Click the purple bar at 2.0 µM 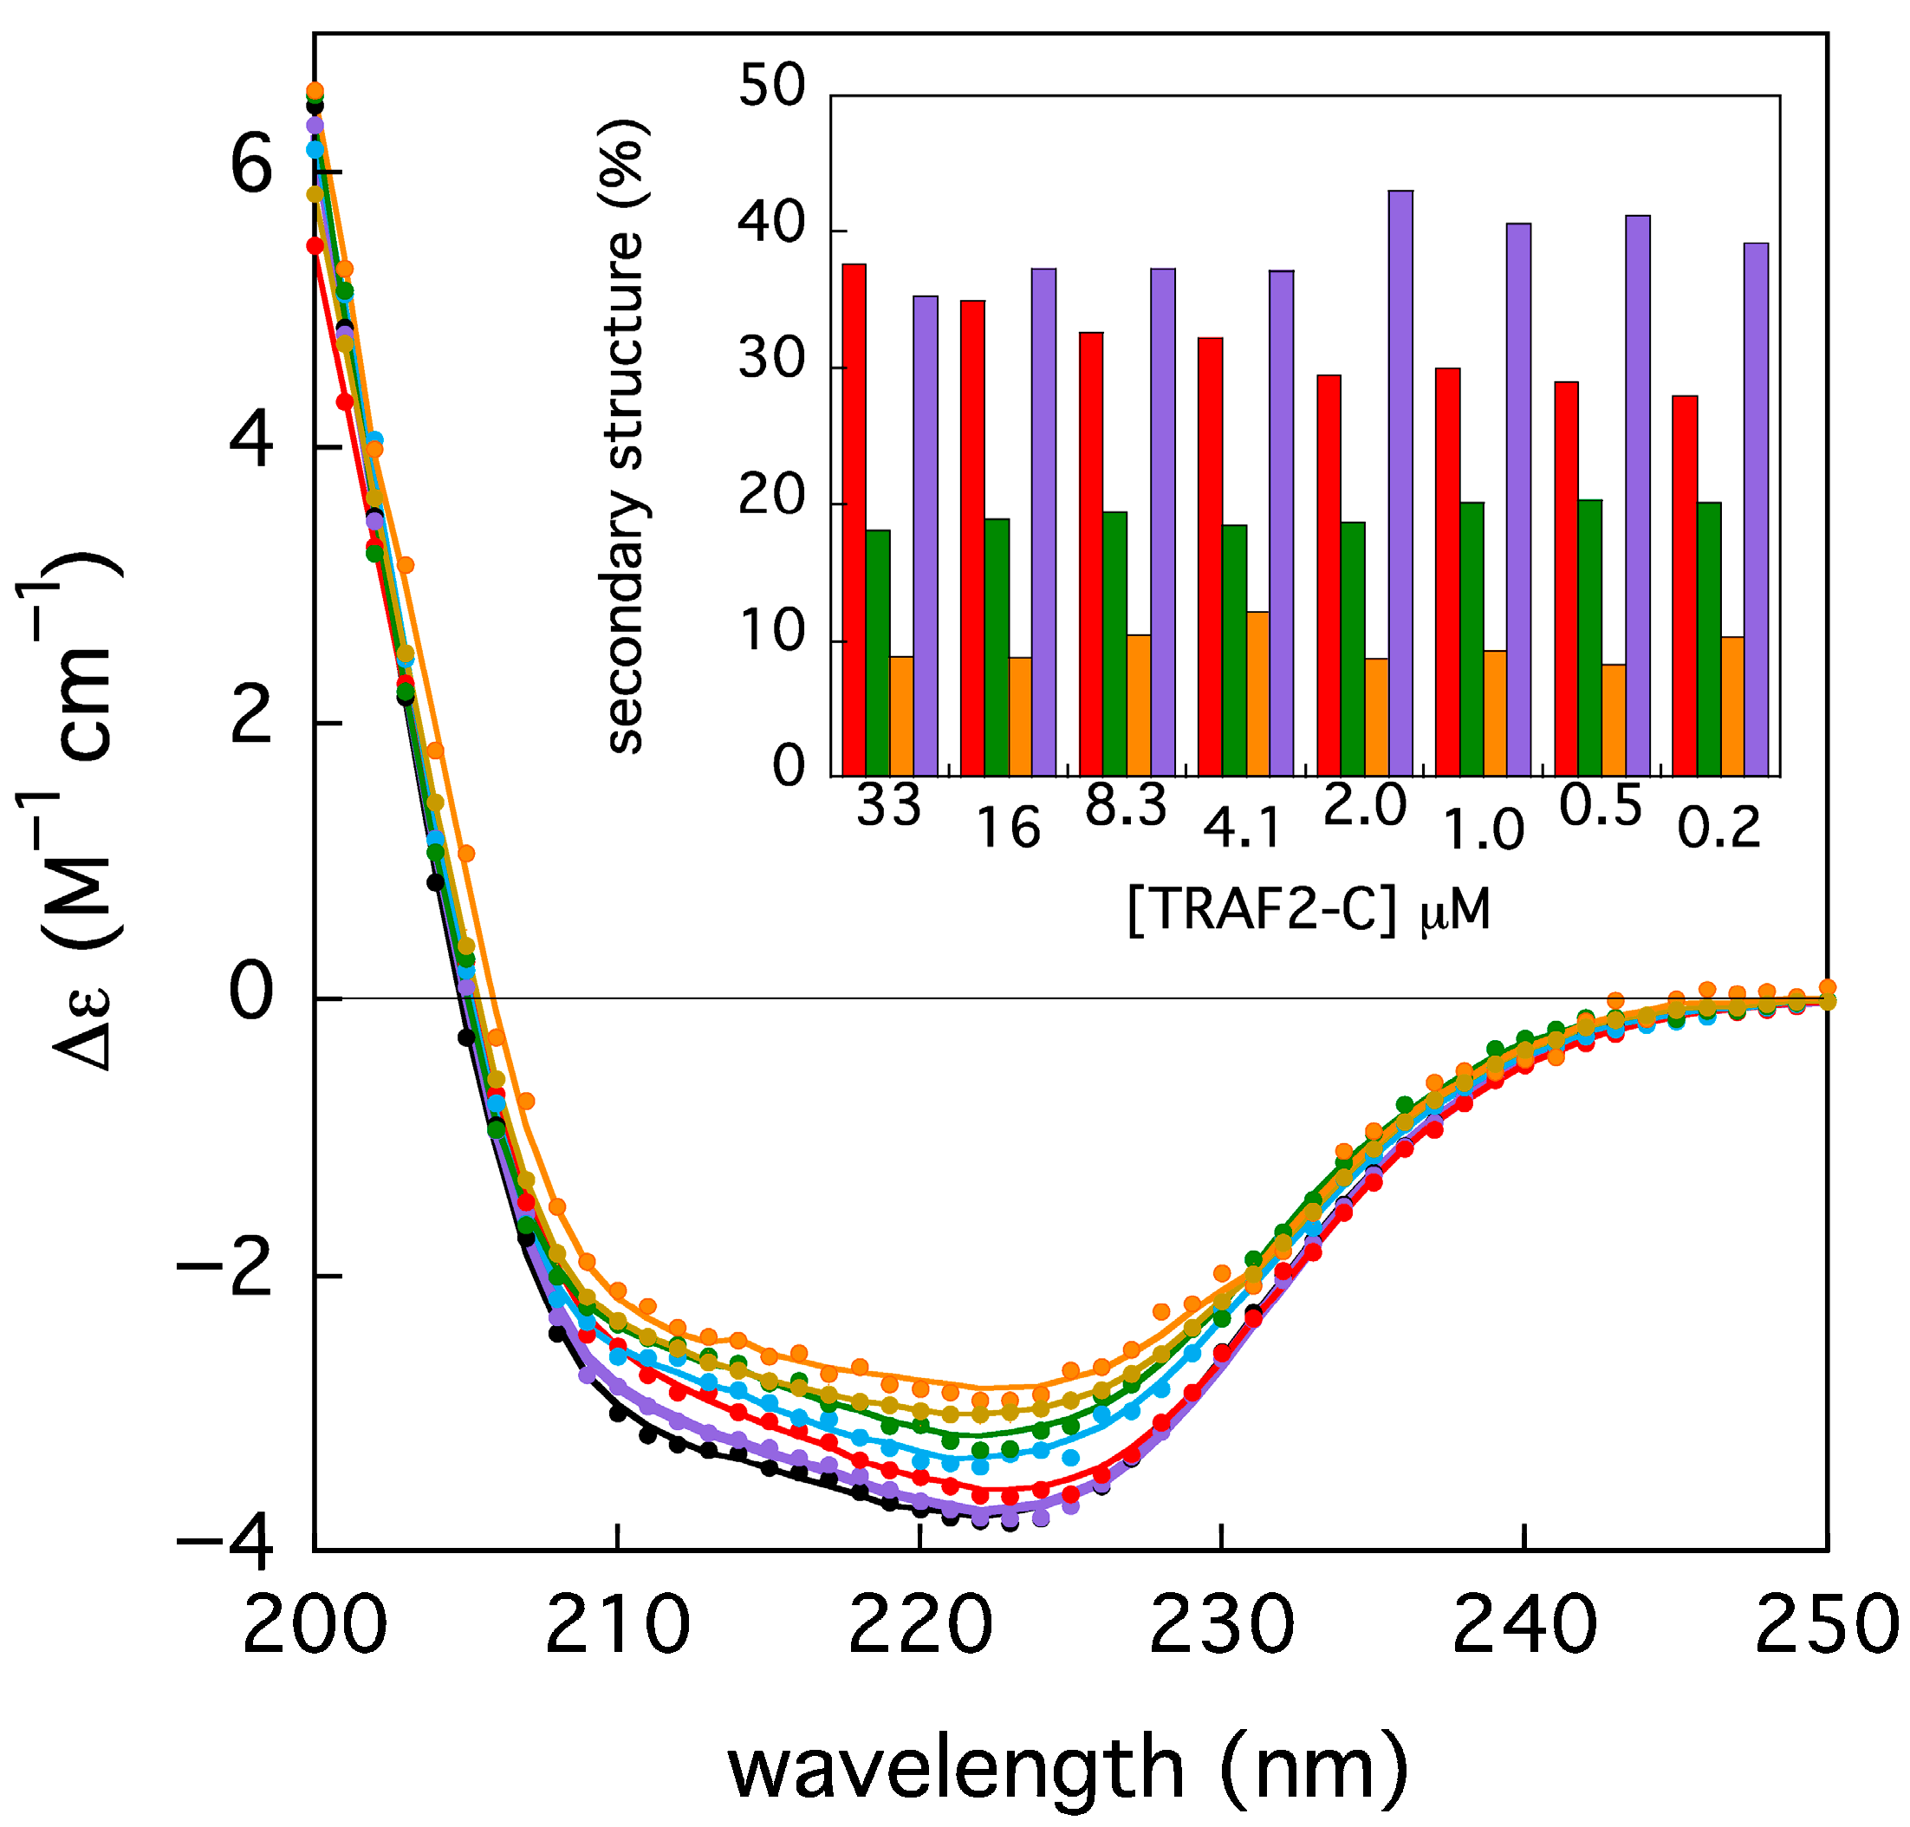pyautogui.click(x=1400, y=483)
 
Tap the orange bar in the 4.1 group pyautogui.click(x=1257, y=693)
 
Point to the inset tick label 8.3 pyautogui.click(x=1125, y=806)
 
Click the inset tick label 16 pyautogui.click(x=1008, y=829)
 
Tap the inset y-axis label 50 pyautogui.click(x=772, y=87)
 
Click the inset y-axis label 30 pyautogui.click(x=772, y=361)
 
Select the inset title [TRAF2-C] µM pyautogui.click(x=1308, y=911)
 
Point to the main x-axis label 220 pyautogui.click(x=919, y=1624)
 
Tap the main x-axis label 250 pyautogui.click(x=1825, y=1624)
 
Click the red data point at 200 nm pyautogui.click(x=315, y=246)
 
